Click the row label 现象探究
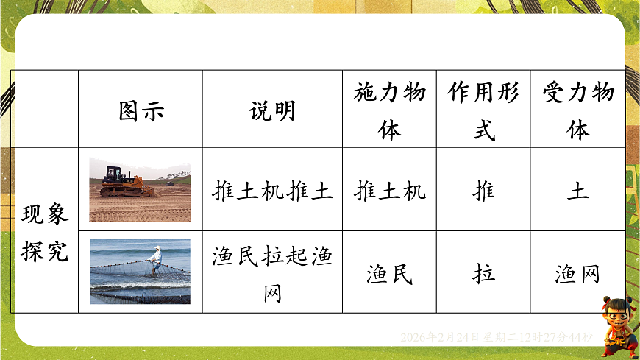[x=45, y=231]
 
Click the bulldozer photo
[x=140, y=189]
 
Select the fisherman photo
[x=140, y=272]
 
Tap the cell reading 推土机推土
[x=272, y=191]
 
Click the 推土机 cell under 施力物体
[x=389, y=191]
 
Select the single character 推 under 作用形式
[x=483, y=191]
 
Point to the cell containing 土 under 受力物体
[x=578, y=191]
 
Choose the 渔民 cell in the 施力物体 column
[x=389, y=274]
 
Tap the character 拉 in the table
[x=483, y=274]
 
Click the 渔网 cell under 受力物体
[x=578, y=274]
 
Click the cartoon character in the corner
[x=616, y=326]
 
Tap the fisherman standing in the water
[x=154, y=260]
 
